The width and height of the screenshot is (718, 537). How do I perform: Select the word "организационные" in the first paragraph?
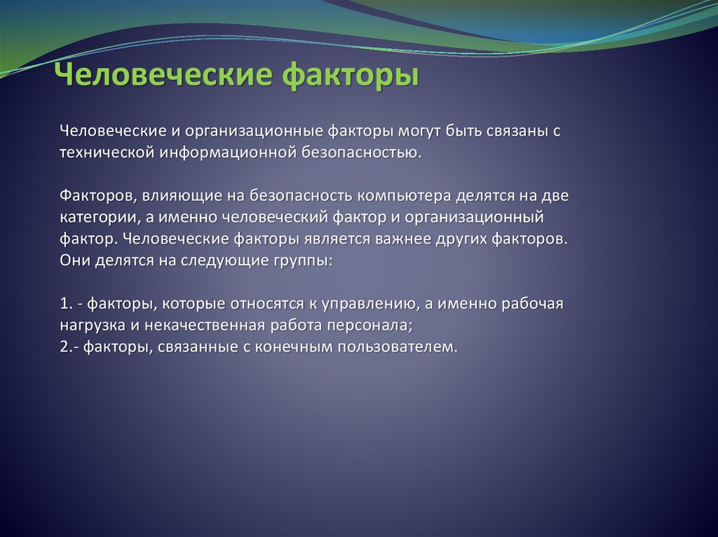coord(254,132)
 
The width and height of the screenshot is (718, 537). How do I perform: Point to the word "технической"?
coord(107,152)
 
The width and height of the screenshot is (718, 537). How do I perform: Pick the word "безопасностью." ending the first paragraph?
coord(361,152)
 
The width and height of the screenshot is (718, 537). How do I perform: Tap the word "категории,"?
coord(100,218)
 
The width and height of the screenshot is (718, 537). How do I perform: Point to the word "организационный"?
coord(474,218)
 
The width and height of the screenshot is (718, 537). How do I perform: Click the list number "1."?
coord(67,304)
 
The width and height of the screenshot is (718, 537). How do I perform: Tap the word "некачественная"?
coord(205,326)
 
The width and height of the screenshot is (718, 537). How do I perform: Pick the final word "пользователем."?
coord(398,347)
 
